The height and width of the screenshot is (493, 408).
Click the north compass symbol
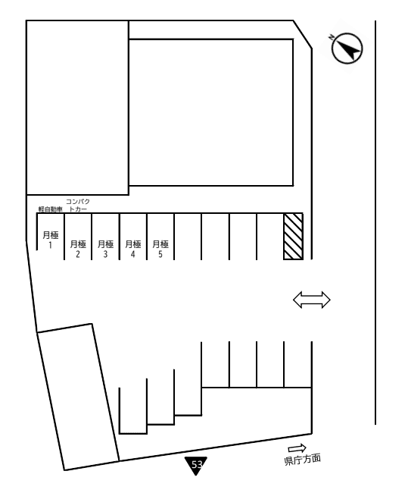(x=347, y=48)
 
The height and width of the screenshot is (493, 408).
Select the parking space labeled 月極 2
(x=78, y=237)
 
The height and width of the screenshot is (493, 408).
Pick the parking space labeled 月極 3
(x=105, y=237)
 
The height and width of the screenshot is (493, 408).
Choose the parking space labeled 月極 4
(x=133, y=237)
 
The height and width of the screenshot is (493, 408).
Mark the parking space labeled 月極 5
(x=160, y=237)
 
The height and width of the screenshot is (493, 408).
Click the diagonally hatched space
(x=294, y=237)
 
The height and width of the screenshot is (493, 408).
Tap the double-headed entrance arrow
(x=312, y=300)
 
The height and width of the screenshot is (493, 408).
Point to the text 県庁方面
(x=303, y=460)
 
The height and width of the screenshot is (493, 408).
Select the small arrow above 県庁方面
(x=297, y=448)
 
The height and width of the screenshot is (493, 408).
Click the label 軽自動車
(x=51, y=209)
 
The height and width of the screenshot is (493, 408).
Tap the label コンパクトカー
(x=78, y=205)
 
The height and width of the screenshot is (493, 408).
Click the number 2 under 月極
(x=78, y=254)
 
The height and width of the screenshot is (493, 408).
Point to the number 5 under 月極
(x=160, y=254)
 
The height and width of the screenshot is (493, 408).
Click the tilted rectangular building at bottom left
(x=78, y=397)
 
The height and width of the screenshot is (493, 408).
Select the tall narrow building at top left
(x=77, y=108)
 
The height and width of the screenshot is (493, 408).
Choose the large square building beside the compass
(x=211, y=112)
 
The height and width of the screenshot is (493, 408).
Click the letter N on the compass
(x=332, y=37)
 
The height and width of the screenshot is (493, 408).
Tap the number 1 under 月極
(x=51, y=245)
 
